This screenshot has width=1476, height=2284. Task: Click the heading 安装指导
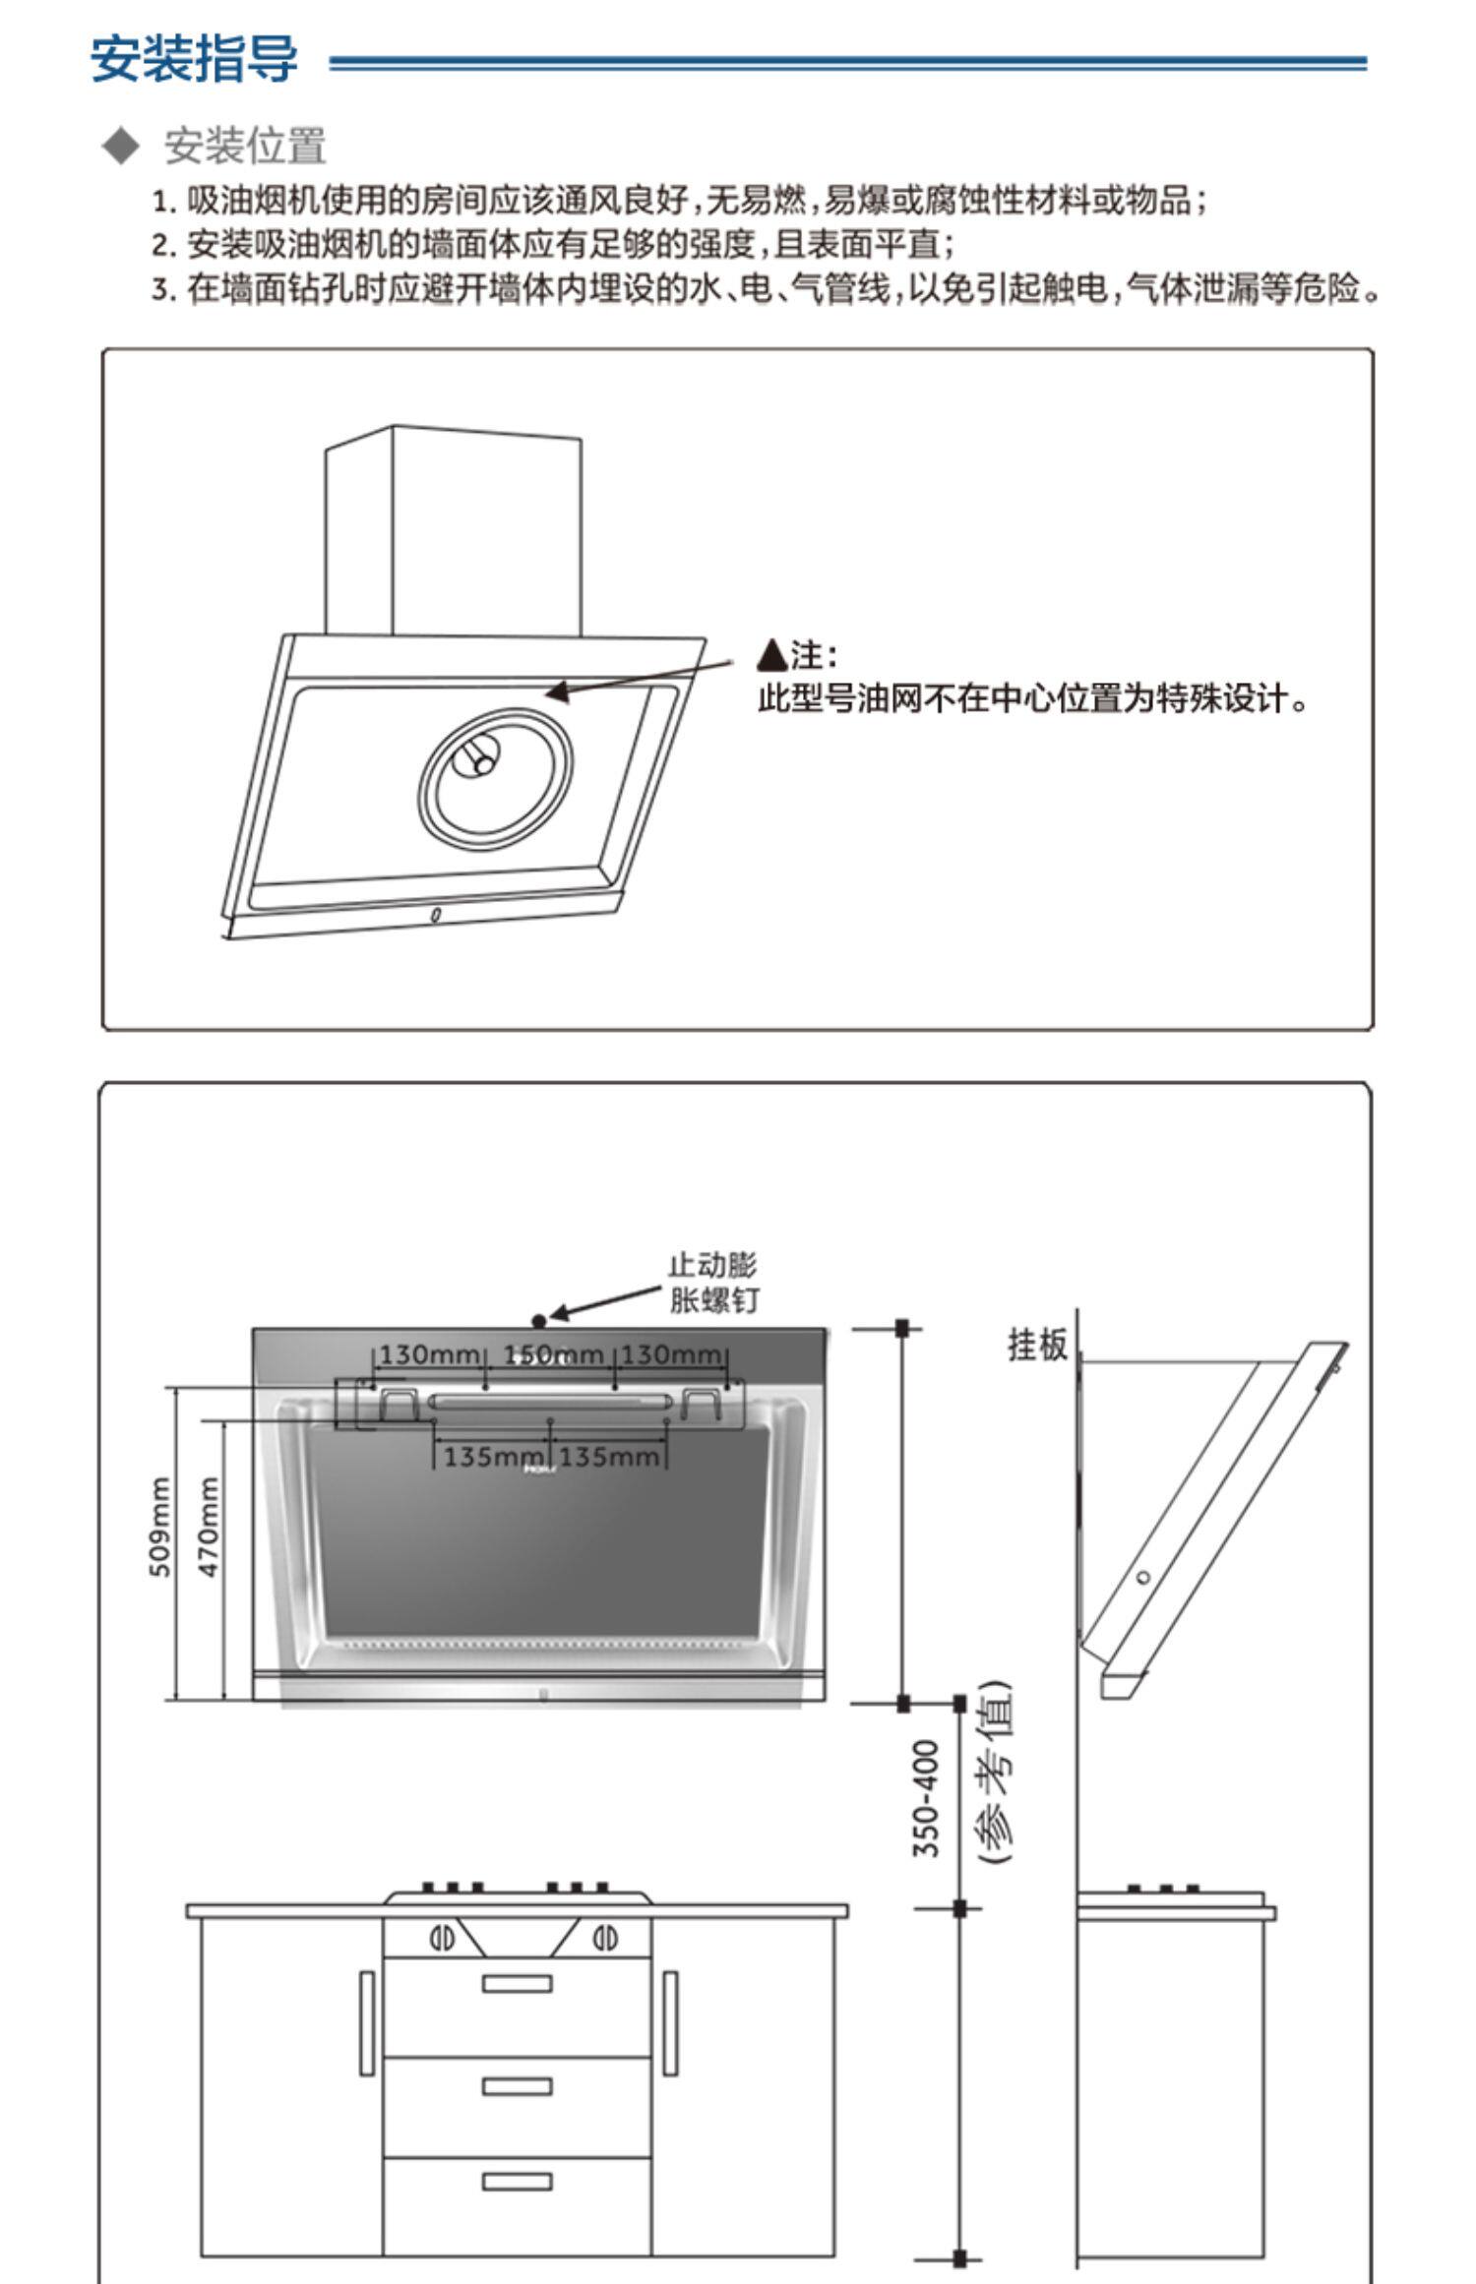pos(194,59)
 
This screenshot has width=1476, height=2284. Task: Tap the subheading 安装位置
pos(244,146)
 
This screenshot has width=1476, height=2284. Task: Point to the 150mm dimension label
pos(553,1355)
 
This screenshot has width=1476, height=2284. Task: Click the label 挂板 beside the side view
pos(1037,1345)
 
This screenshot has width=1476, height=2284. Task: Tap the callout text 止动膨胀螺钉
pos(713,1283)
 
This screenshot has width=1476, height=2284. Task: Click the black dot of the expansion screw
pos(538,1321)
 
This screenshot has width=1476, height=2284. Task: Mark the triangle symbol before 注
pos(773,654)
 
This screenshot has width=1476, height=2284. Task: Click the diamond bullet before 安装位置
pos(121,146)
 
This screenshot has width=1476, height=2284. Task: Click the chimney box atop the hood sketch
pos(454,531)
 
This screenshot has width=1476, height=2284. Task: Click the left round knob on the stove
pos(442,1939)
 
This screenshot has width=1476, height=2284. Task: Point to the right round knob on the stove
pos(605,1939)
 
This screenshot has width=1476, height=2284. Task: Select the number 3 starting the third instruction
pos(162,290)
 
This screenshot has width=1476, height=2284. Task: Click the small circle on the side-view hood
pos(1143,1577)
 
